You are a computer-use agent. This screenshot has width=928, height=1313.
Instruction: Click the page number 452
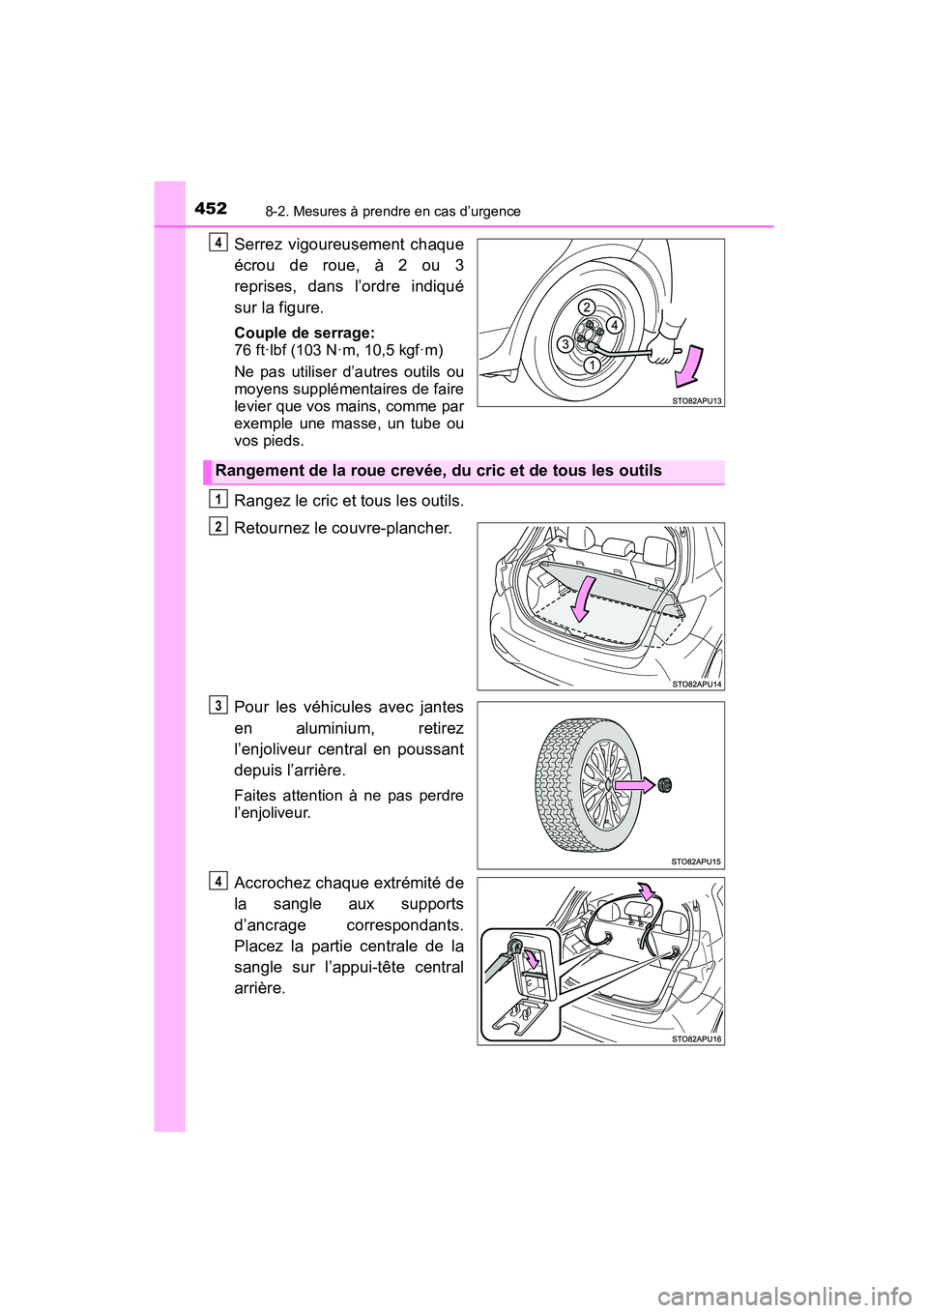point(211,208)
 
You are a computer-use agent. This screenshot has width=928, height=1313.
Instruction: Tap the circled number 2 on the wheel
point(586,306)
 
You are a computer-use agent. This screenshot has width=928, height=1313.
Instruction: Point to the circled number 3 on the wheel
point(563,343)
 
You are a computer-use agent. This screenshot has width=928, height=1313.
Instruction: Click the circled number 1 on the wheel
point(590,365)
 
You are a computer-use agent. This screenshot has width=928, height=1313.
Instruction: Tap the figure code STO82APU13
point(696,400)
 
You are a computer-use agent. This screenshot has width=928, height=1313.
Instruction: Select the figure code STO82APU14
point(696,684)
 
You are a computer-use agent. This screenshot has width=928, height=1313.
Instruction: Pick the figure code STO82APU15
point(696,861)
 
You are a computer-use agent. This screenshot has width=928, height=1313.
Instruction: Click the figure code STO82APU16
point(696,1038)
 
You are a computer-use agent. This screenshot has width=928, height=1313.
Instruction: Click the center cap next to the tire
point(665,785)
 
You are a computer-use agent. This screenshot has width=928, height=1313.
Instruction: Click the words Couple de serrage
point(304,333)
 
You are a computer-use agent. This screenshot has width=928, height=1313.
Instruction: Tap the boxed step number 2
point(219,525)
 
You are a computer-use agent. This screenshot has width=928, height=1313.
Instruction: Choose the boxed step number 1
point(219,498)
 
